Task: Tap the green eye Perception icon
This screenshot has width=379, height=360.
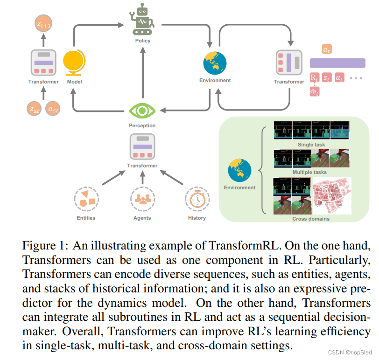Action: (x=142, y=111)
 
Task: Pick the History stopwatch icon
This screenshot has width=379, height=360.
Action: (x=197, y=200)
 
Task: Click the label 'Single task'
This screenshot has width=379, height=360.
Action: (x=311, y=145)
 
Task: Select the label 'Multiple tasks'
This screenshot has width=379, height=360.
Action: (x=311, y=173)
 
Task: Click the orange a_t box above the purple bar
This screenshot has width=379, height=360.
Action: (x=327, y=48)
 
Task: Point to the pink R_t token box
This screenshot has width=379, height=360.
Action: (x=315, y=77)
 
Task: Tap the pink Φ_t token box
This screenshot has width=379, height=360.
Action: (x=315, y=92)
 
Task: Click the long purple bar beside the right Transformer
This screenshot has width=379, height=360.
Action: (x=337, y=63)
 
